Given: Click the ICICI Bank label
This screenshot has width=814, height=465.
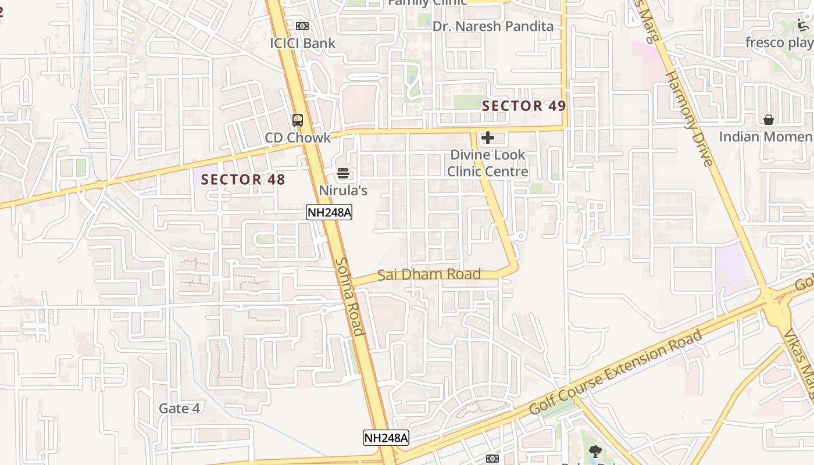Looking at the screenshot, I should (x=302, y=43).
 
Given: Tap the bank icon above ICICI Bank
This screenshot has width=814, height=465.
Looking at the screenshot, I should (x=302, y=26).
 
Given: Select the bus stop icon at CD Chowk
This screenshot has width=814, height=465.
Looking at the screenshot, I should (x=298, y=120).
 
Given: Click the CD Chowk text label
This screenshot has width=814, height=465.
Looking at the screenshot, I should (x=298, y=138).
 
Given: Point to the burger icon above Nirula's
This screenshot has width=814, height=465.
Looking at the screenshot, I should (x=343, y=173).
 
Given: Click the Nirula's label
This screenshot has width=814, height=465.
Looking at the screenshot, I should (x=343, y=190).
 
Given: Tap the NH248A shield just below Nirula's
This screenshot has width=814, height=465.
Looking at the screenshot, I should (x=329, y=212).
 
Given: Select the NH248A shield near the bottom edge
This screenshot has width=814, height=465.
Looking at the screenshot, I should (x=386, y=438).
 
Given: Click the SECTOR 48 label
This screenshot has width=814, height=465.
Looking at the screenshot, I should (x=243, y=180).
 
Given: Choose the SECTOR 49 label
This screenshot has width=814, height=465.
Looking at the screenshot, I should (x=524, y=106).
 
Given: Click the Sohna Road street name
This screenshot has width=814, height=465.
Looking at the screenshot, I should (x=350, y=296).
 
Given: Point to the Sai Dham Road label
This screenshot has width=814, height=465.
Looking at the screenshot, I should (x=429, y=274).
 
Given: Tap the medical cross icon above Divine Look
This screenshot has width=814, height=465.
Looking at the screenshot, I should (x=488, y=138).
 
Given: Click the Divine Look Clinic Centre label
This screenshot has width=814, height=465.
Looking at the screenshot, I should (x=488, y=163).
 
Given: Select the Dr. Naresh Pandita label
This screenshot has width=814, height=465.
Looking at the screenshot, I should (x=493, y=26).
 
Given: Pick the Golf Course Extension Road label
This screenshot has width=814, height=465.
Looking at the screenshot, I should (x=616, y=372).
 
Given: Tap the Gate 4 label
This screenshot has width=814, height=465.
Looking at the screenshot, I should (x=180, y=409).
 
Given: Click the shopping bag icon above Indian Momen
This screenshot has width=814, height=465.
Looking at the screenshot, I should (x=769, y=120).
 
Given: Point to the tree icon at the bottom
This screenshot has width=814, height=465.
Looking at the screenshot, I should (x=595, y=451).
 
